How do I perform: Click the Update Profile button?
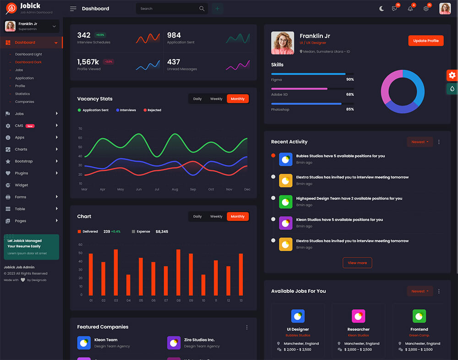pos(426,41)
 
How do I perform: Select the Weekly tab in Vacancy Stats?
pos(216,99)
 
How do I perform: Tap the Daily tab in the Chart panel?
pos(197,217)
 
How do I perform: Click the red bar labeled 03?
pos(116,272)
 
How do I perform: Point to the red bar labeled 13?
pos(241,274)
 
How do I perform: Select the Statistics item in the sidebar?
pos(22,94)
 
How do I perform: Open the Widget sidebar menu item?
pos(22,185)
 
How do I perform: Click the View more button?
pos(357,263)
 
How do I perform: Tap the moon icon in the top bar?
pos(382,9)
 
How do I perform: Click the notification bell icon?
pos(410,9)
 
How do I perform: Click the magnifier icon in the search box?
pos(202,9)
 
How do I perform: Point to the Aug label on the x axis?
pos(175,189)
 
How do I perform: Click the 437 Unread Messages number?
pos(174,62)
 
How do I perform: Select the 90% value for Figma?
pos(350,80)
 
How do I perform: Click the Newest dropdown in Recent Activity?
pos(420,142)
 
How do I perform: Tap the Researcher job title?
pos(359,329)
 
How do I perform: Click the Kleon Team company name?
pos(106,340)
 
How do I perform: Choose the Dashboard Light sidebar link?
pos(28,54)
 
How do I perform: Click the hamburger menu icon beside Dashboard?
pos(73,9)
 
